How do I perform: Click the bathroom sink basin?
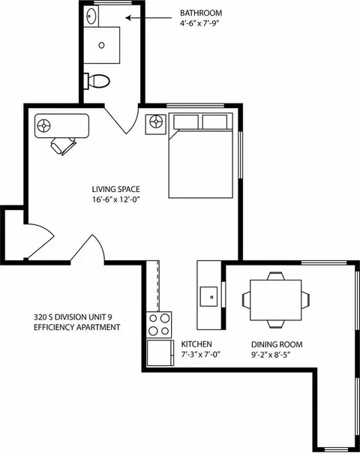pyautogui.click(x=91, y=16)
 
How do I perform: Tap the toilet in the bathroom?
pyautogui.click(x=97, y=81)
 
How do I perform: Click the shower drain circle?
pyautogui.click(x=101, y=45)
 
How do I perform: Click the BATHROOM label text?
pyautogui.click(x=201, y=13)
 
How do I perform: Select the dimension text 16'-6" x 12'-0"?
pyautogui.click(x=116, y=199)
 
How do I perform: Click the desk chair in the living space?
pyautogui.click(x=64, y=145)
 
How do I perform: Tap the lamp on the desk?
pyautogui.click(x=44, y=126)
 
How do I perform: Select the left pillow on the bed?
pyautogui.click(x=186, y=122)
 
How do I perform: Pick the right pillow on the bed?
pyautogui.click(x=214, y=122)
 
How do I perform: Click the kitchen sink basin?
pyautogui.click(x=209, y=296)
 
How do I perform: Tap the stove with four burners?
pyautogui.click(x=159, y=325)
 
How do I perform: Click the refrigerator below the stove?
pyautogui.click(x=160, y=353)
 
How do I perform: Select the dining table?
pyautogui.click(x=276, y=300)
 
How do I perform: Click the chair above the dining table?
pyautogui.click(x=276, y=276)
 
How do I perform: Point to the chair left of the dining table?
pyautogui.click(x=246, y=300)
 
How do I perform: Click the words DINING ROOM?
pyautogui.click(x=277, y=344)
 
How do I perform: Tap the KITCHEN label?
pyautogui.click(x=196, y=344)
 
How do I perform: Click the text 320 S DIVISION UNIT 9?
pyautogui.click(x=73, y=317)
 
